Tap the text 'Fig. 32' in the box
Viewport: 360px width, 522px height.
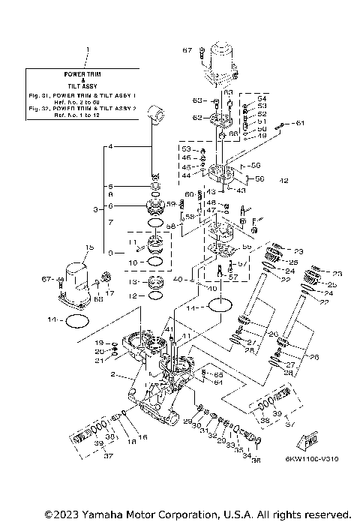pyautogui.click(x=40, y=109)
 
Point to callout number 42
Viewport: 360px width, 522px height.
pyautogui.click(x=283, y=181)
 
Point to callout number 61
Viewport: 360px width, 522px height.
pyautogui.click(x=299, y=123)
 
